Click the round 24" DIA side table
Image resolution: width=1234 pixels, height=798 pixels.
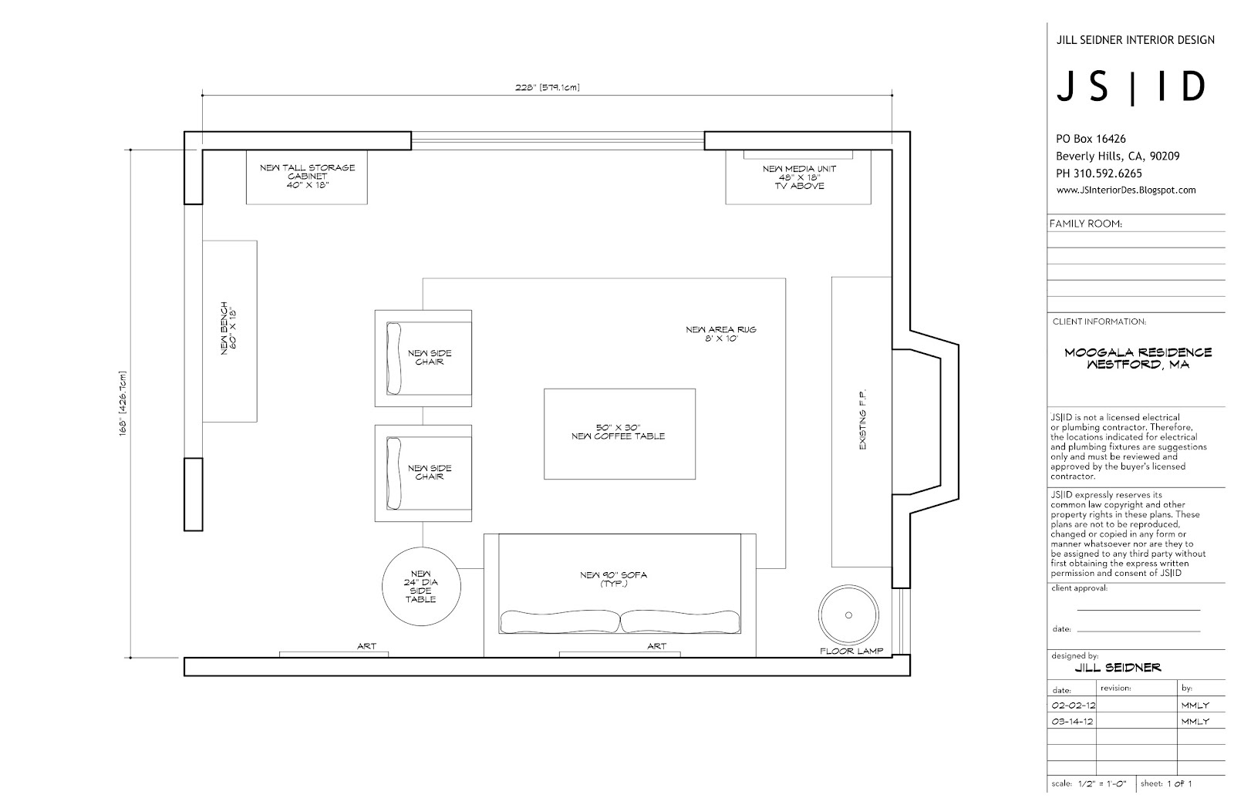[421, 587]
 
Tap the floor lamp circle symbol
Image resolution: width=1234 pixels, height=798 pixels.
[848, 615]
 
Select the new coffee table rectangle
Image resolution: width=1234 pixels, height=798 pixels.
[620, 434]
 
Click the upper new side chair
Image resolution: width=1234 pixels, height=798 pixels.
[423, 359]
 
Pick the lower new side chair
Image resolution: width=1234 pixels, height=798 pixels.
[423, 473]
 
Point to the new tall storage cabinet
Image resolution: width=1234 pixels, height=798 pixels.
[307, 177]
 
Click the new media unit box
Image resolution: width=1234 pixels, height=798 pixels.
[798, 177]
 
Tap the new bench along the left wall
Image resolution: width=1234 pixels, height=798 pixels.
[230, 332]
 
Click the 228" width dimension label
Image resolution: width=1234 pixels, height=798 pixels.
[547, 87]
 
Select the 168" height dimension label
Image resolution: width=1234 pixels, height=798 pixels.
[123, 404]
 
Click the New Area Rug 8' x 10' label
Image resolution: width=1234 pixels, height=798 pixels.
[721, 334]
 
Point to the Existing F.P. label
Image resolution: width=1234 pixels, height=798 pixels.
[863, 419]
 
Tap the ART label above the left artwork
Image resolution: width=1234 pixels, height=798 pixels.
[366, 646]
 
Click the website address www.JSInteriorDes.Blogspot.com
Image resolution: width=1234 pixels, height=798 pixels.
[1126, 190]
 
